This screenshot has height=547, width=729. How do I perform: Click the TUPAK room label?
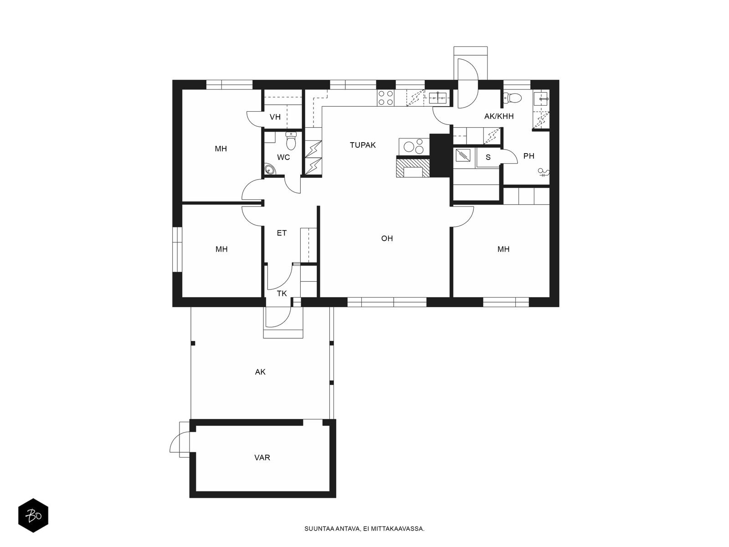[x=362, y=145]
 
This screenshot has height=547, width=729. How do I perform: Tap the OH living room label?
[x=387, y=238]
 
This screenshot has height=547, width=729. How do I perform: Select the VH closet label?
[x=275, y=117]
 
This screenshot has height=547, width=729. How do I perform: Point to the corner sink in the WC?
[x=270, y=170]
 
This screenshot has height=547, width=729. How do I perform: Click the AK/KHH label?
[x=499, y=116]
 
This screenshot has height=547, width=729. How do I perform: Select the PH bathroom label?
[x=529, y=156]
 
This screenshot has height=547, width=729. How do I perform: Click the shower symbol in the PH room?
[x=544, y=172]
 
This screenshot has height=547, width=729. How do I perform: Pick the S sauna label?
[x=488, y=157]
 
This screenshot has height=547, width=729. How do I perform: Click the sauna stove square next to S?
[x=462, y=155]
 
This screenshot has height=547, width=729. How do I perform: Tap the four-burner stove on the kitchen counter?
[x=385, y=98]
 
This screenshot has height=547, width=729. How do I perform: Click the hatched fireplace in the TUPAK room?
[x=413, y=168]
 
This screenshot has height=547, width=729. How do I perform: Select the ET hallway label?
[x=282, y=233]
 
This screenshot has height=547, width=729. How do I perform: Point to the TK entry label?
[x=282, y=293]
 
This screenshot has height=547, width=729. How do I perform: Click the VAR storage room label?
[x=262, y=457]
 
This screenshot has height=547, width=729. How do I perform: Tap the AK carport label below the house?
[x=260, y=372]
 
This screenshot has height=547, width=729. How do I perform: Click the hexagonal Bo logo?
[x=33, y=516]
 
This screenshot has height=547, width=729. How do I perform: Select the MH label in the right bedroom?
[x=503, y=249]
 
